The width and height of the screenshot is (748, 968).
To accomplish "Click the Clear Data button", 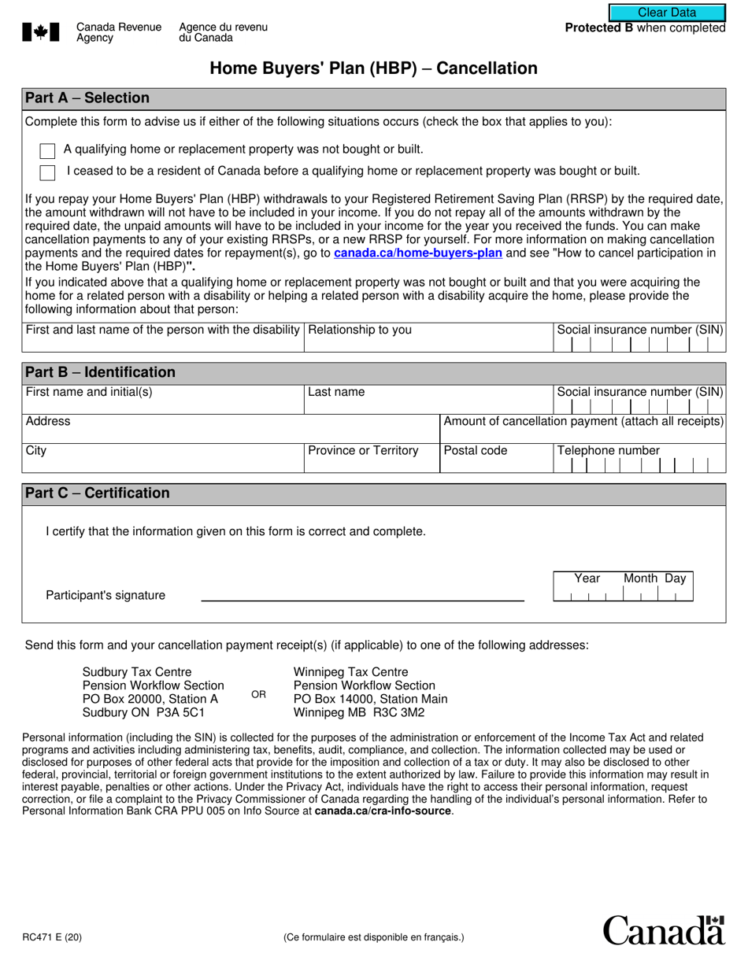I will click(667, 13).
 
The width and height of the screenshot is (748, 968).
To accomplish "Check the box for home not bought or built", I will click(47, 150).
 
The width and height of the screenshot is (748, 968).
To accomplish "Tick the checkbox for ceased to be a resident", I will click(47, 172).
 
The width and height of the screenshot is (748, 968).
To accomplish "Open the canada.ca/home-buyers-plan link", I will click(418, 253).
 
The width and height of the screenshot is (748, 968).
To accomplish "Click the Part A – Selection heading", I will click(87, 98).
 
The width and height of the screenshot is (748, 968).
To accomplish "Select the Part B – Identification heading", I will click(100, 372).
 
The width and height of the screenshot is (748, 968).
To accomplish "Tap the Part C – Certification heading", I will click(97, 493).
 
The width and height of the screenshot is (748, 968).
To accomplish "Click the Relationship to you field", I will click(429, 338).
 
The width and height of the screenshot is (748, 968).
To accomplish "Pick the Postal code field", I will click(496, 460).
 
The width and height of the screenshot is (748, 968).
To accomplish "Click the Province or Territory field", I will click(371, 460).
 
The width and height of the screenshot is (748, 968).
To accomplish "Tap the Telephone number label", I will click(609, 451).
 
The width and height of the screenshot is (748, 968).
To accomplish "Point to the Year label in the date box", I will click(587, 578).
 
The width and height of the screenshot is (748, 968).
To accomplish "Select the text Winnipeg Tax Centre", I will click(350, 672).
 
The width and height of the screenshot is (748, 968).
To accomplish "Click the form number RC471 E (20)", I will click(51, 937).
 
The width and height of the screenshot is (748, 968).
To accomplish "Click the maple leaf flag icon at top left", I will click(40, 32).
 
